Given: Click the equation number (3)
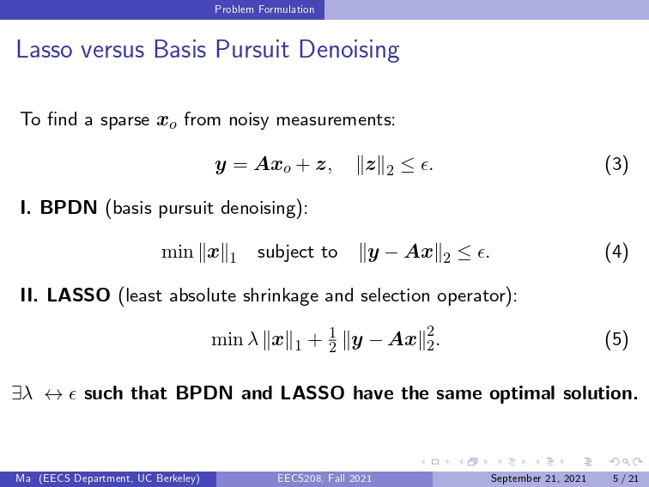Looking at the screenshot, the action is (616, 164).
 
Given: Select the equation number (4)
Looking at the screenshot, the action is (616, 252).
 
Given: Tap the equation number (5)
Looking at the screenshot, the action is (616, 339).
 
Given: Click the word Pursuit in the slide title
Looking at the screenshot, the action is (252, 49).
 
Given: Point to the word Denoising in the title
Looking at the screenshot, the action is (349, 50).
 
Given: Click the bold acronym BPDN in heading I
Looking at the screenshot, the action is (69, 207).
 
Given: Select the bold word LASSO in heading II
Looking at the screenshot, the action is (79, 295).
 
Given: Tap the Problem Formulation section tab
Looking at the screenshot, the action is (264, 9).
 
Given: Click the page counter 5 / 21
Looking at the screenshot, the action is (626, 478).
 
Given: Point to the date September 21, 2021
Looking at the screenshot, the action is (538, 478).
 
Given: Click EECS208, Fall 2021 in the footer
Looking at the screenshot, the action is (324, 478).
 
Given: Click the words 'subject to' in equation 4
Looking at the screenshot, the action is (297, 252).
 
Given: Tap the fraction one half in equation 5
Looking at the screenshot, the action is (332, 339).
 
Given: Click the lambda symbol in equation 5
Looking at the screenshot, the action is (253, 338).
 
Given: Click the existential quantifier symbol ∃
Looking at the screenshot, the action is (16, 393).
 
